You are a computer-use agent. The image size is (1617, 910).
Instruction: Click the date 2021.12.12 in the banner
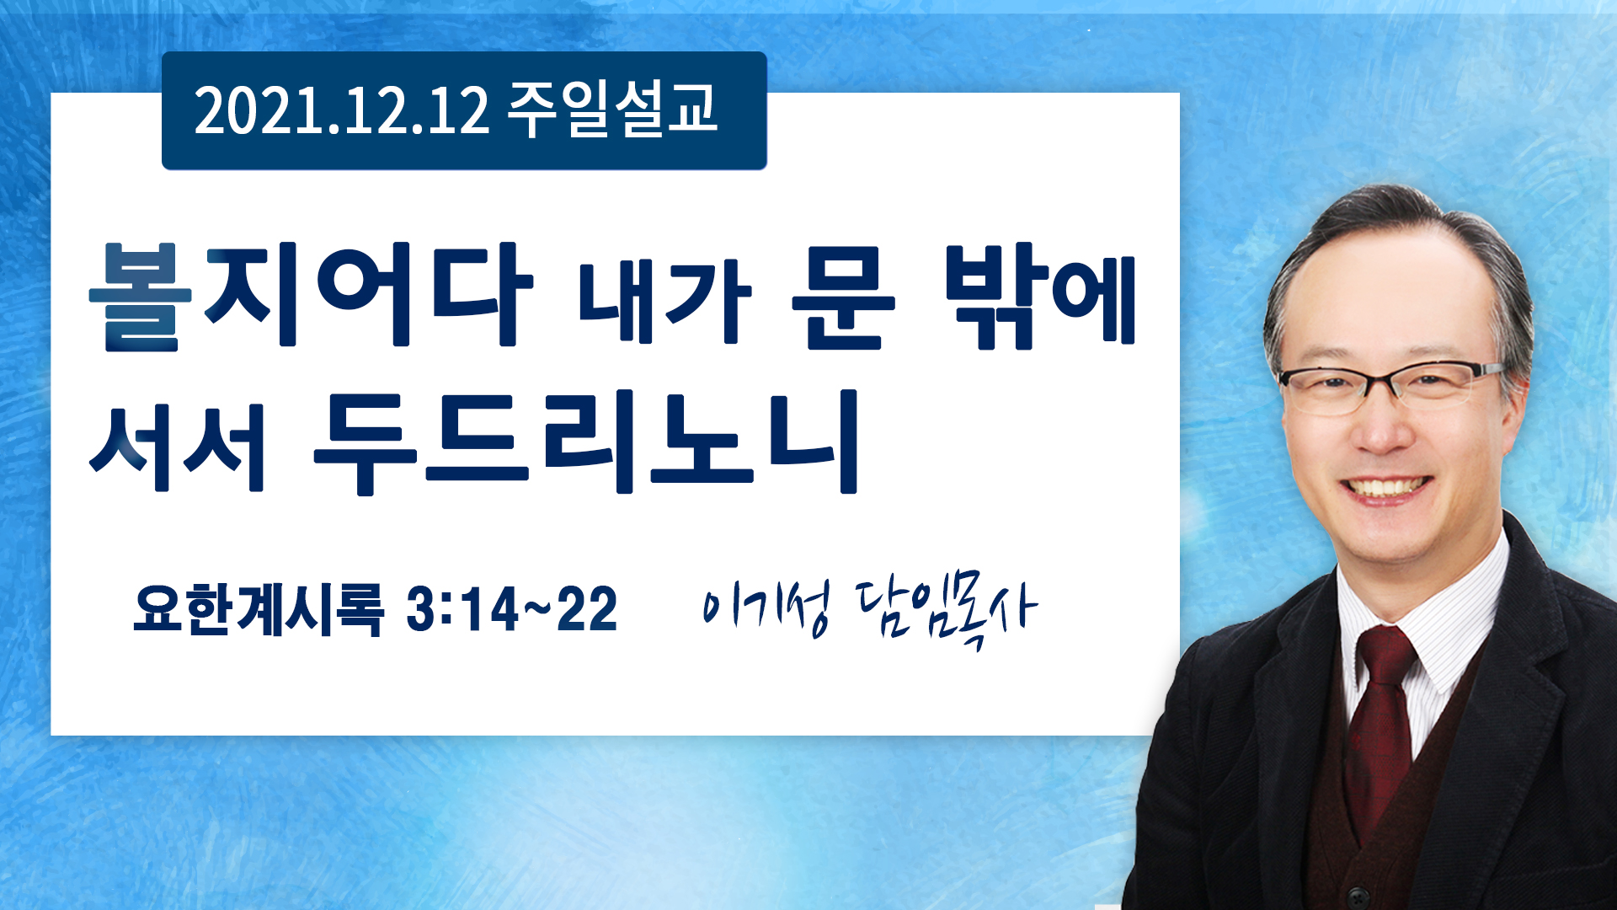click(x=341, y=110)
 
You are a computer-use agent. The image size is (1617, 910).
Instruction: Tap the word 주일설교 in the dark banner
click(x=612, y=110)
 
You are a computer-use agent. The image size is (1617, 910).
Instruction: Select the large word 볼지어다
click(x=311, y=296)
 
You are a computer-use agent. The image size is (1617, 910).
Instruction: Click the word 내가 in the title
click(x=664, y=301)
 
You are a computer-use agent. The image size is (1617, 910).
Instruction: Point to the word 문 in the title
click(x=843, y=298)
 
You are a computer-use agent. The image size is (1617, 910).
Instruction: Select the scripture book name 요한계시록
click(x=259, y=608)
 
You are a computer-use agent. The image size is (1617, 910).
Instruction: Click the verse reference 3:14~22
click(x=512, y=609)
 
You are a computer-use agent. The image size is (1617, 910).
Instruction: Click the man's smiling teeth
click(x=1386, y=487)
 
